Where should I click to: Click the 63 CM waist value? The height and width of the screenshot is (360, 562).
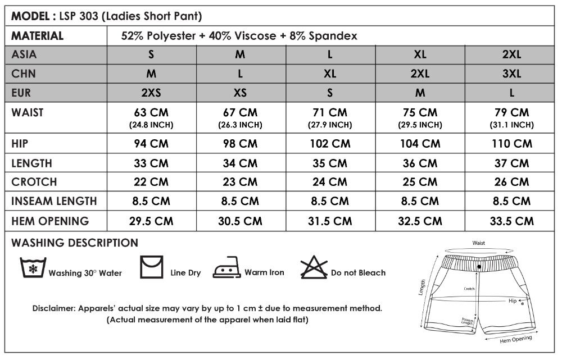pos(151,113)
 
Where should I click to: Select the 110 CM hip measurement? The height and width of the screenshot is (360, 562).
pos(511,143)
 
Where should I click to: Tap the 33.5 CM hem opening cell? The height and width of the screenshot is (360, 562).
pos(511,221)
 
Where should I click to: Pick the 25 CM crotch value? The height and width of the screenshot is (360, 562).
pos(420,182)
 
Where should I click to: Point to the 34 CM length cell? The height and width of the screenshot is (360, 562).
pos(241,163)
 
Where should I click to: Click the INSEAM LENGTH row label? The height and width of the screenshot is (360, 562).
pos(54,201)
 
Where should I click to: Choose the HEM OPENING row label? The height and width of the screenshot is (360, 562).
pos(50,221)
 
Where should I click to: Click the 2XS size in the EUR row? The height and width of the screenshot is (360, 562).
pos(151,92)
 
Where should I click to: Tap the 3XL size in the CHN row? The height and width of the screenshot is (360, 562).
pos(511,74)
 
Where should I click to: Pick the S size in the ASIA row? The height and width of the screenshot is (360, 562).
pos(151,55)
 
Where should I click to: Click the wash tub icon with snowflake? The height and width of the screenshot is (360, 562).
pos(32,268)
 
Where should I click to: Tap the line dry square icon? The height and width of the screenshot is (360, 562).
pos(151,267)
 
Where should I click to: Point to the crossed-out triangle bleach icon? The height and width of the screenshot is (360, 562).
pos(314,267)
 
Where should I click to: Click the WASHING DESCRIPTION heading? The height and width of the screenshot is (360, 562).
pos(75,243)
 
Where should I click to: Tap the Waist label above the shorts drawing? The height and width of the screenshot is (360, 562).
pos(478,243)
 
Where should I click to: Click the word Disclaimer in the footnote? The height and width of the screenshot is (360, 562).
pos(53,308)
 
